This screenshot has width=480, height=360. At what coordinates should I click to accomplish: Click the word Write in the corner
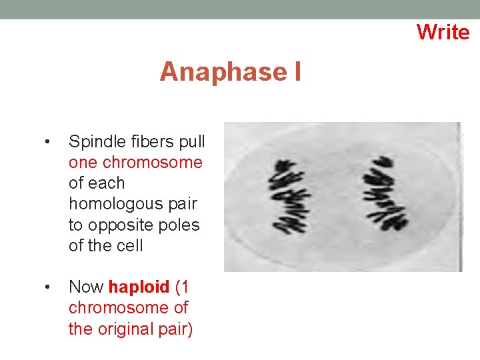click(x=443, y=31)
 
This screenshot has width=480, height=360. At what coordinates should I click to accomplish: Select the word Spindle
click(x=92, y=141)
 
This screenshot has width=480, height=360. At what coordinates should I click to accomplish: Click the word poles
click(x=179, y=225)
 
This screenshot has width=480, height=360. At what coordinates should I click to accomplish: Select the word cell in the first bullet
click(x=129, y=245)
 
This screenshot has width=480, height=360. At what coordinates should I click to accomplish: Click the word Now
click(x=86, y=287)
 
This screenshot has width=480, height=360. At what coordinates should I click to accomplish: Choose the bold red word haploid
click(x=139, y=287)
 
